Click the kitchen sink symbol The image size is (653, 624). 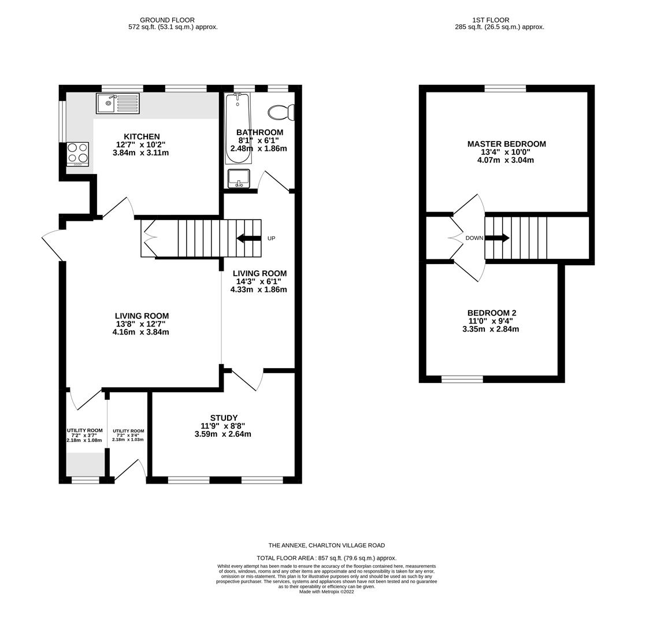point(117,103)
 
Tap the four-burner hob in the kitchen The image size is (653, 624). point(77,154)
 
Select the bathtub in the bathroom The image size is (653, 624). point(238,129)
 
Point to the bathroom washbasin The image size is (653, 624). point(239,179)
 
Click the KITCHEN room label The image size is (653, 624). point(142,137)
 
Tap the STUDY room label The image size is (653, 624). point(224,418)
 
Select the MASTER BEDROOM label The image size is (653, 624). point(506,144)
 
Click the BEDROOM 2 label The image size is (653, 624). point(492,313)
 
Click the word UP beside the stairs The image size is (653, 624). point(271,239)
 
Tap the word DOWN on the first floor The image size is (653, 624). point(474,238)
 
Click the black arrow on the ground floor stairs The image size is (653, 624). point(248,238)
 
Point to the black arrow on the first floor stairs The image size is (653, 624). point(498,238)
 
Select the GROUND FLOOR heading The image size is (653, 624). point(167,20)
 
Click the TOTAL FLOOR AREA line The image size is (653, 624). point(327,558)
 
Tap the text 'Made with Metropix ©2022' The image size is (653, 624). point(327,592)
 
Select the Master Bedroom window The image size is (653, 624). point(505,88)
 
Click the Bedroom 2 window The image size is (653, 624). point(462,379)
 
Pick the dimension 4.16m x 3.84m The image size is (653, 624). point(142,332)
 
